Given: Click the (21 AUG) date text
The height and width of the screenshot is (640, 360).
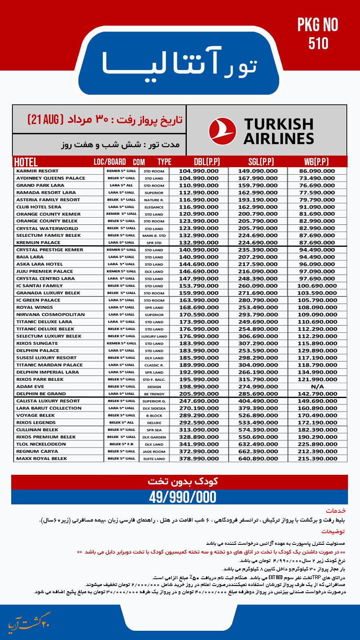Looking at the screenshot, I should coord(44,119).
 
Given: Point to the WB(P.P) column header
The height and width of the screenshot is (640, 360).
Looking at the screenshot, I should coord(316,162).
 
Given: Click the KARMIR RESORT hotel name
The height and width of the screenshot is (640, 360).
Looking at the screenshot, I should coord(37,171).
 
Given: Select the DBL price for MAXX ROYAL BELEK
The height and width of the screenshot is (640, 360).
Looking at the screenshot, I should coord(198,458).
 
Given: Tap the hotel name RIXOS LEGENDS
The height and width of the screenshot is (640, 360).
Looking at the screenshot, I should coord(36,422).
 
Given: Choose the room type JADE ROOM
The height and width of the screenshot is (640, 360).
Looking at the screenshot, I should coord(154,452).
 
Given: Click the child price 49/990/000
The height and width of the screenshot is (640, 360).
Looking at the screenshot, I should coord(182,497).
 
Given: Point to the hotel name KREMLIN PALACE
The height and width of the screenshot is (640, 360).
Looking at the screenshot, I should coord(38,242).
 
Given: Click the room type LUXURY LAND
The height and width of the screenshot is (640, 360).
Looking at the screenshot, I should coord(154,336).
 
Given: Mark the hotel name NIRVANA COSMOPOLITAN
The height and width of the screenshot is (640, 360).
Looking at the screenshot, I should coord(50,314).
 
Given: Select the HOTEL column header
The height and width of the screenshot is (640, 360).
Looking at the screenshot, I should coord(26,162).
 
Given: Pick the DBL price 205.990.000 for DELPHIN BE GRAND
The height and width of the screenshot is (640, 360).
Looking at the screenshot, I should coord(198,394).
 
